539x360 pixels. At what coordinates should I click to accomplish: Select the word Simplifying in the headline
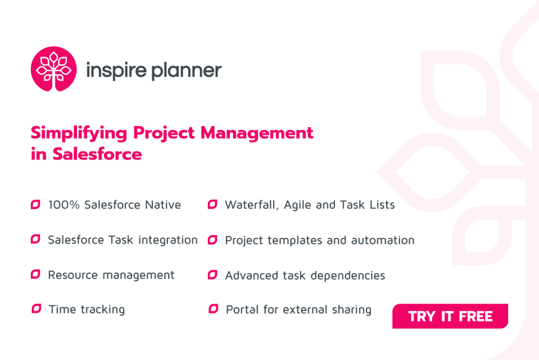point(79,133)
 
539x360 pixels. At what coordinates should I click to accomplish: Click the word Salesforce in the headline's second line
point(97,154)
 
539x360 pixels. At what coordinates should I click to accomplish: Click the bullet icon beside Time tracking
point(36,309)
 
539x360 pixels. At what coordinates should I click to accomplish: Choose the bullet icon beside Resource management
point(36,275)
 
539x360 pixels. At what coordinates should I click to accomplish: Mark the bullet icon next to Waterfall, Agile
point(212,205)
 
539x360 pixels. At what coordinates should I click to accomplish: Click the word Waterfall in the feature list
point(251,205)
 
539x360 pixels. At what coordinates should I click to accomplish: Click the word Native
point(163,205)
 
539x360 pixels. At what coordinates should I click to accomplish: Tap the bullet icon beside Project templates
point(212,240)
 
